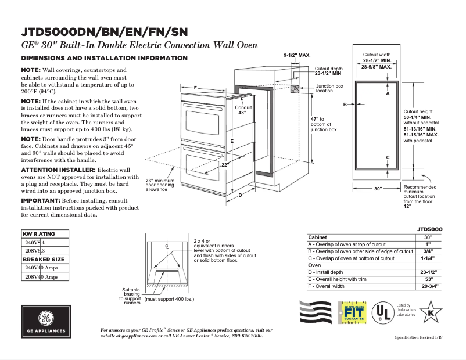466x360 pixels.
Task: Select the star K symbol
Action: click(x=431, y=312)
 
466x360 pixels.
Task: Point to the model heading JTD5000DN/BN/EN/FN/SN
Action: click(x=104, y=31)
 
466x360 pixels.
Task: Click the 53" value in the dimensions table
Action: click(x=429, y=279)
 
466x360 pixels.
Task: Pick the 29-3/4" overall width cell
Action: click(x=429, y=286)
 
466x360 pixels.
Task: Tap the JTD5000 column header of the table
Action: click(x=429, y=229)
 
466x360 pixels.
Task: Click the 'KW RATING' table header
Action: click(x=39, y=234)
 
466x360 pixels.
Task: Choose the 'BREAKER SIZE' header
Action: click(x=44, y=259)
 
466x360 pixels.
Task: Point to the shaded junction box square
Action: click(x=295, y=89)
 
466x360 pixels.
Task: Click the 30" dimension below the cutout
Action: click(x=378, y=189)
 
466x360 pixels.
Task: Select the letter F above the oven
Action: click(x=196, y=88)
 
